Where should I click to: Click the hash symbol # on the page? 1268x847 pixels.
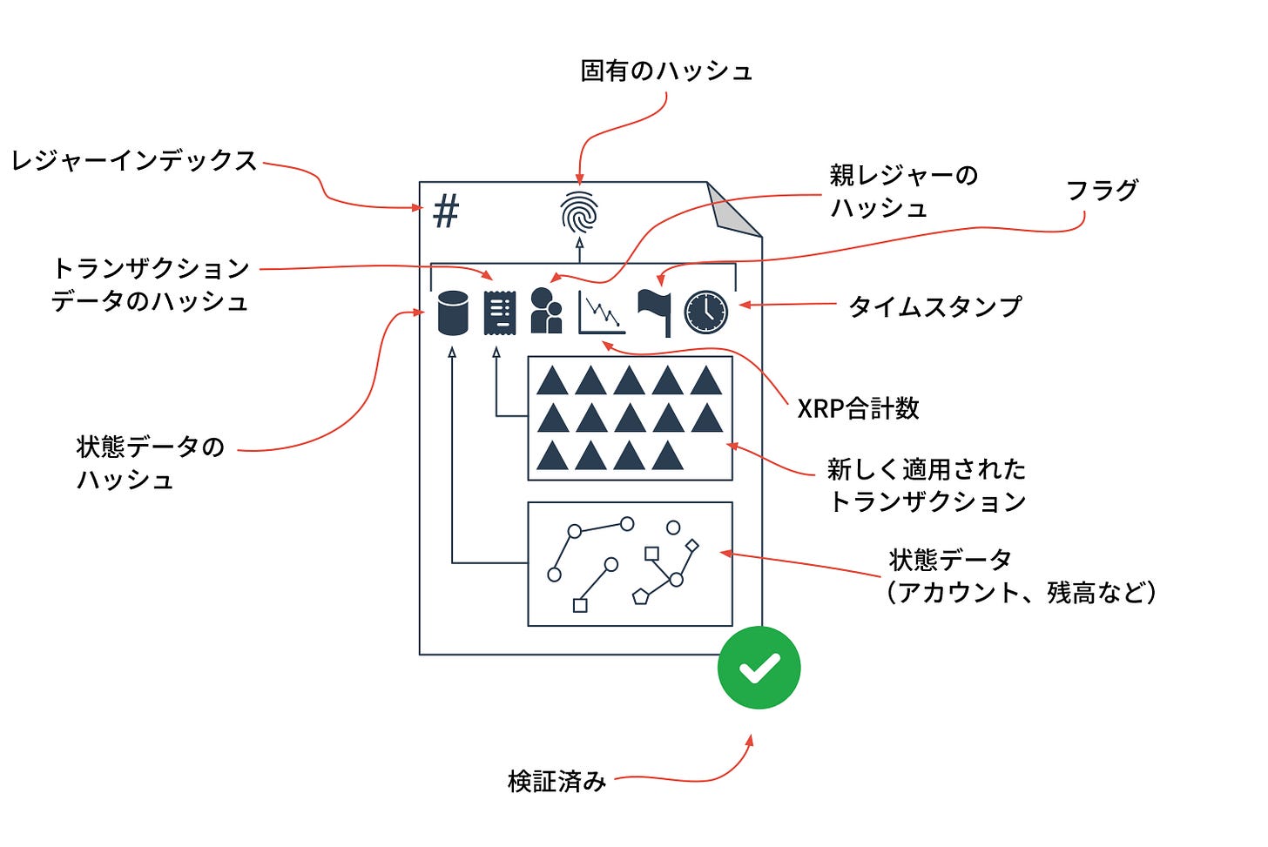pos(446,212)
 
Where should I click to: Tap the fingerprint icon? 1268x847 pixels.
pos(579,212)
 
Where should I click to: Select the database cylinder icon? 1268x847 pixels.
pos(452,313)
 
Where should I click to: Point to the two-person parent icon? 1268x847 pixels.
pos(546,311)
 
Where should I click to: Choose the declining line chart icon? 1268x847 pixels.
pos(602,313)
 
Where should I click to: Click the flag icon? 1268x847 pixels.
pos(654,312)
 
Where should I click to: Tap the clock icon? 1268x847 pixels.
pos(705,312)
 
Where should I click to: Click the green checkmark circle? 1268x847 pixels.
pos(759,668)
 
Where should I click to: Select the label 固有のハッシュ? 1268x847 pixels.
pos(666,71)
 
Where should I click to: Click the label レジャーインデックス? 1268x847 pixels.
pos(133,161)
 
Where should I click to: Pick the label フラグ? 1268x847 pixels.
pos(1103,190)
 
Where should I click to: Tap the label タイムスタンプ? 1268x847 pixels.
pos(934,306)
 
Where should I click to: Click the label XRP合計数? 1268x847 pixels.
pos(858,408)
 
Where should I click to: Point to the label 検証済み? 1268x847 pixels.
pos(556,781)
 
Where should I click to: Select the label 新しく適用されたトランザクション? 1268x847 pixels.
pos(927,485)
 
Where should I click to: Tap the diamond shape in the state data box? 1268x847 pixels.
pos(692,546)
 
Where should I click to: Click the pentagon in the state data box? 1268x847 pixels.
pos(641,596)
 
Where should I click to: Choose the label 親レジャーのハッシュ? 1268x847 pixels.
pos(903,192)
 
